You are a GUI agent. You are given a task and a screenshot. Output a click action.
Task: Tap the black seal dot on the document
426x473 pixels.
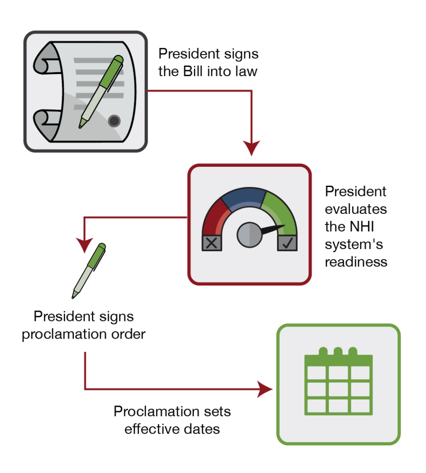pos(114,121)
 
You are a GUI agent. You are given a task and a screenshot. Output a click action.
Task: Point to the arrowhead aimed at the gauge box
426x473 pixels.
pos(252,148)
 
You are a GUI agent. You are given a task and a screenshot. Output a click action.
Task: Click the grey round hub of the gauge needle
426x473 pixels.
pos(249,235)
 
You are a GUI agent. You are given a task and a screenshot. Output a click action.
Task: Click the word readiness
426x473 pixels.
pos(356,262)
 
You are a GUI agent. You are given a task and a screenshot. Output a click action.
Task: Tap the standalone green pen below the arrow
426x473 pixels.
pos(89,270)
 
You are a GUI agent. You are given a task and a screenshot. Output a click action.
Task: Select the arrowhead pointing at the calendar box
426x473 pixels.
pos(265,389)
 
